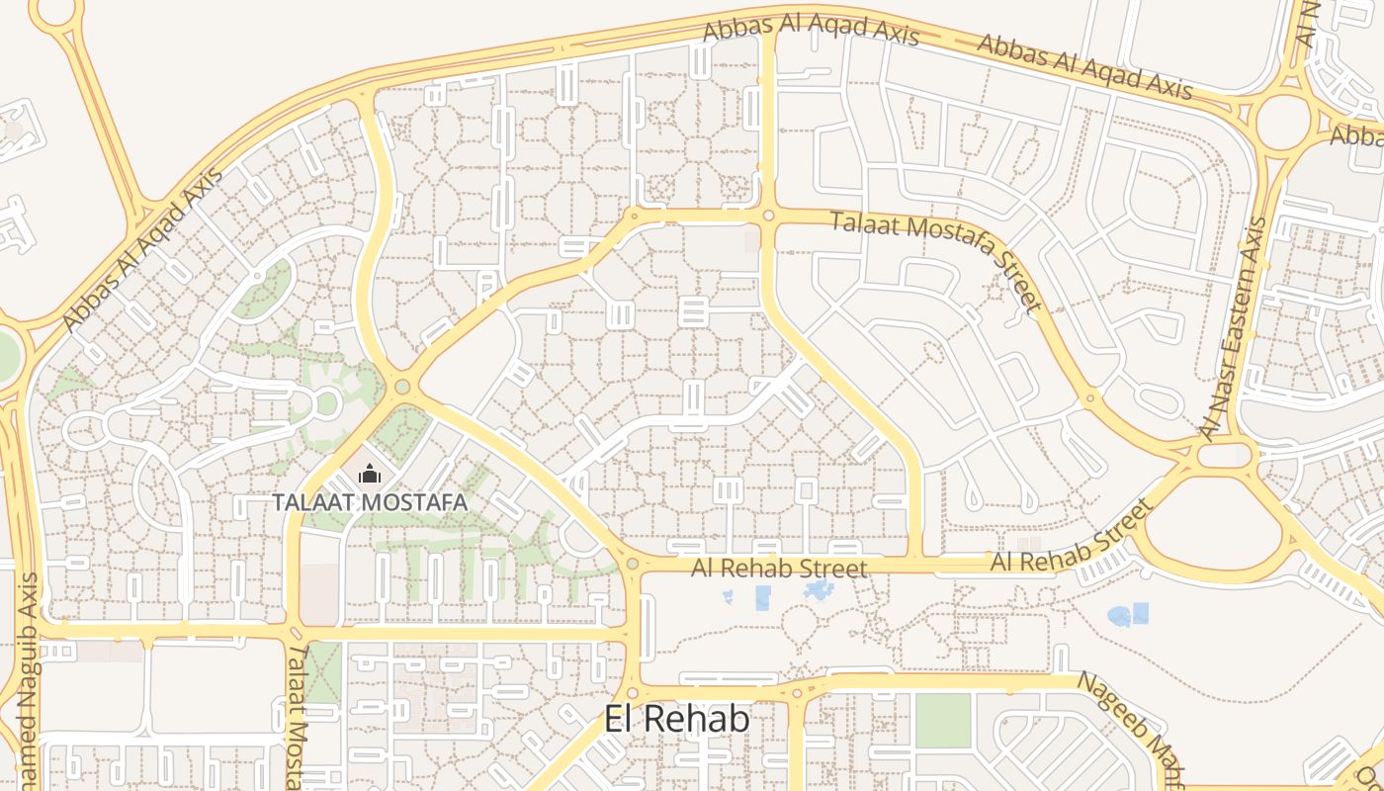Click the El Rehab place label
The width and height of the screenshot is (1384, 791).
click(677, 719)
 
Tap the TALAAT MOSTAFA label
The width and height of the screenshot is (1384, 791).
click(370, 501)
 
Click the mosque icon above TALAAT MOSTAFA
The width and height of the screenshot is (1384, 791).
click(370, 475)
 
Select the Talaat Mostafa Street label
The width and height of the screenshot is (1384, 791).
click(936, 260)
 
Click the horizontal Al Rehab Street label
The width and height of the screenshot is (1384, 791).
click(779, 568)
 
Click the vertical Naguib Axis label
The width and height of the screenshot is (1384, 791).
click(27, 682)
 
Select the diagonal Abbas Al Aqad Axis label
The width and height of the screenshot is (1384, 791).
click(143, 248)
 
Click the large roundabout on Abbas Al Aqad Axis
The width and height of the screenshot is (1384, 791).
click(1283, 122)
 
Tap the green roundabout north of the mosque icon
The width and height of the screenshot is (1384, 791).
click(402, 386)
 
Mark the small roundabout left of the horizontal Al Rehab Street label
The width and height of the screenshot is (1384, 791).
click(633, 564)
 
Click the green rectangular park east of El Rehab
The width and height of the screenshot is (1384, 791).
click(943, 720)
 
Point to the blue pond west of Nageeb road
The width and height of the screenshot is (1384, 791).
click(1128, 615)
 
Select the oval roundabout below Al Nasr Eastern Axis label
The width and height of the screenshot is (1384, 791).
click(1226, 455)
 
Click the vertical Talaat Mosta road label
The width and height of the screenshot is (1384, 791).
click(295, 717)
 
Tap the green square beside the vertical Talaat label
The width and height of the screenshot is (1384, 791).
click(322, 672)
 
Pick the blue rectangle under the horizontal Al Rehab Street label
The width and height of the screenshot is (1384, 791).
click(762, 596)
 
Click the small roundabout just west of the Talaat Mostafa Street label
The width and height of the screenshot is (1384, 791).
click(768, 215)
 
